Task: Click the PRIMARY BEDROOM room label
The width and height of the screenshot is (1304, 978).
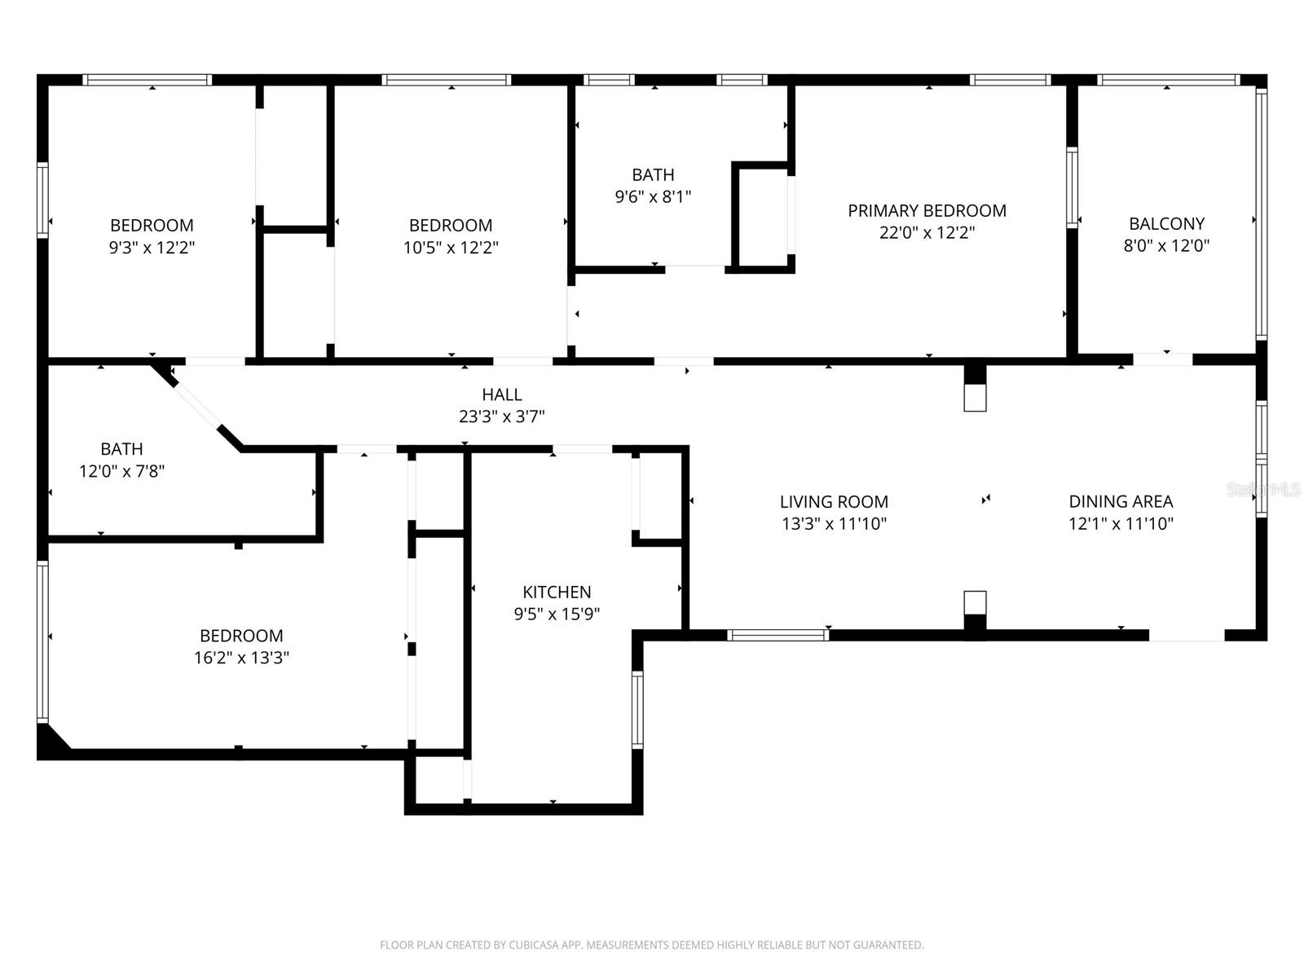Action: tap(927, 211)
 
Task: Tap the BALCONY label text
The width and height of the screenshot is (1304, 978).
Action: tap(1167, 224)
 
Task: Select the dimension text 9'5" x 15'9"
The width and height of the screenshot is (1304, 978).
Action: tap(557, 614)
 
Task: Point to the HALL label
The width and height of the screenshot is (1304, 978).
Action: tap(502, 395)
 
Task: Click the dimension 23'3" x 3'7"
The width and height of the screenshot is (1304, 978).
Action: tap(502, 416)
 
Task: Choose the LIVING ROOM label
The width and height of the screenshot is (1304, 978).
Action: tap(834, 502)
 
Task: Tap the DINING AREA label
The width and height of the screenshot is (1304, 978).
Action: tap(1121, 502)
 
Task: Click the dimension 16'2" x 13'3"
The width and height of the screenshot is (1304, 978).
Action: tap(242, 658)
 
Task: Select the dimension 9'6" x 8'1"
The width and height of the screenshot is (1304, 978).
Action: tap(653, 196)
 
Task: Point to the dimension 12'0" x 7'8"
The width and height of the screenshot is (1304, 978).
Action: tap(121, 472)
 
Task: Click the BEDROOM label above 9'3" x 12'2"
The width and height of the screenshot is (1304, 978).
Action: tap(152, 226)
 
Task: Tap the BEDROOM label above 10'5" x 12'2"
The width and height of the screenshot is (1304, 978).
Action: tap(451, 226)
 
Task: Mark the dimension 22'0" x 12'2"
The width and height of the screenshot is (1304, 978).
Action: tap(927, 233)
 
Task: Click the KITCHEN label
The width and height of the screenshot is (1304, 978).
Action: tap(557, 592)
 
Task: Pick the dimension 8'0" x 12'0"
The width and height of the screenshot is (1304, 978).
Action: tap(1167, 246)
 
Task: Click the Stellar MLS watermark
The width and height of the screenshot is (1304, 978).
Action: tap(1263, 490)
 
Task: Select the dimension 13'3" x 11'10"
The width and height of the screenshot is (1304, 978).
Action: tap(834, 524)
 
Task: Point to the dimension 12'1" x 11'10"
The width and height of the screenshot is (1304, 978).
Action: tap(1121, 524)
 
